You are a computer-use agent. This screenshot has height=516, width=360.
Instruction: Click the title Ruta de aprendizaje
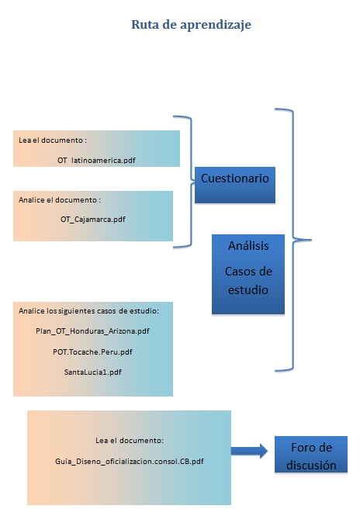191,25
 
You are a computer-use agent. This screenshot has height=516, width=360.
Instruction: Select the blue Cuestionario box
235,185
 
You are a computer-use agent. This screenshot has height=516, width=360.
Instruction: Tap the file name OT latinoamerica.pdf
96,161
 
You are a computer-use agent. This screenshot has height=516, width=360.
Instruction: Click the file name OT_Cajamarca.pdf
93,220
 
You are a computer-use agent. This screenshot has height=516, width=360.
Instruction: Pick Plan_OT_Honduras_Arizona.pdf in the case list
92,331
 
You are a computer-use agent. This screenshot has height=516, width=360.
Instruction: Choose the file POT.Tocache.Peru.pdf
92,352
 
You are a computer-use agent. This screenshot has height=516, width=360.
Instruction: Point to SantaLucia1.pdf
93,372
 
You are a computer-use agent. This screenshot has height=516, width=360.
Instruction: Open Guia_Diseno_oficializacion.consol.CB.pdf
130,462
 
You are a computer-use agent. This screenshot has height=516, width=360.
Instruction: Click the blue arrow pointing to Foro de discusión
249,451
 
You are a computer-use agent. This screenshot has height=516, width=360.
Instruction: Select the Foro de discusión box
311,455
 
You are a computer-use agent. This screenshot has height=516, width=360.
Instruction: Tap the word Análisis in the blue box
248,246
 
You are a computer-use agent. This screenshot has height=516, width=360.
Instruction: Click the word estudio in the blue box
248,290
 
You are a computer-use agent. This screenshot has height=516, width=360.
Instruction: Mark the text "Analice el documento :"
60,200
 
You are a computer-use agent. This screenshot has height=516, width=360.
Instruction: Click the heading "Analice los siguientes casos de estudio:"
89,311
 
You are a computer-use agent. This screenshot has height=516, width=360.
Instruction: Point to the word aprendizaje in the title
216,26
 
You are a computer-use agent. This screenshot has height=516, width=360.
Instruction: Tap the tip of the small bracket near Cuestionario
195,181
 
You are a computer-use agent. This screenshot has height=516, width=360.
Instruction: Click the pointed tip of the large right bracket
311,241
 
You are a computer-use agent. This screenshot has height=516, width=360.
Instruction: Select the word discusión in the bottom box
311,466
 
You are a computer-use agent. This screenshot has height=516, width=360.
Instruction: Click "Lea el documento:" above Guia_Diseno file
130,441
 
